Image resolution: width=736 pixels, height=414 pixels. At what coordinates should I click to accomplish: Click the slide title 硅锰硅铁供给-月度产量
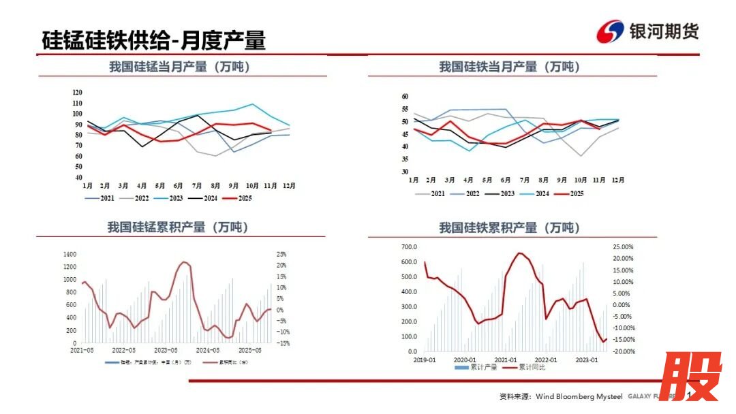point(153,39)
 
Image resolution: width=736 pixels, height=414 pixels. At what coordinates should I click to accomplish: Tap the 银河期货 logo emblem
point(611,31)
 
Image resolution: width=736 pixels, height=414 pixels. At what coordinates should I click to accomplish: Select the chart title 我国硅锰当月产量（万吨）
point(180,67)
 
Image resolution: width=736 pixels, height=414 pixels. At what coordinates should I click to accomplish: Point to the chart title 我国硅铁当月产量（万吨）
point(510,67)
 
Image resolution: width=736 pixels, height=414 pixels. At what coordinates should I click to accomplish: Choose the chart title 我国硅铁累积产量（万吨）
point(509,227)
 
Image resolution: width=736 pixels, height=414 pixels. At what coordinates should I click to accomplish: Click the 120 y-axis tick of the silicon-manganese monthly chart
point(77,93)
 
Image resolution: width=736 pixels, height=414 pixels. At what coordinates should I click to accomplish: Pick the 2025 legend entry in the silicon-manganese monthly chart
point(239,198)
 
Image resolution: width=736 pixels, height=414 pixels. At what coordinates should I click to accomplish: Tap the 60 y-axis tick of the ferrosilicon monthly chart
point(405,97)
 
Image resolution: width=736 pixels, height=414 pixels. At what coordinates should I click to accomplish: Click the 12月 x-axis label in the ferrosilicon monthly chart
point(617,180)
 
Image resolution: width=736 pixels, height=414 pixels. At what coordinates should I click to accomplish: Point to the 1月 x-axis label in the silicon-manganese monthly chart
point(88,185)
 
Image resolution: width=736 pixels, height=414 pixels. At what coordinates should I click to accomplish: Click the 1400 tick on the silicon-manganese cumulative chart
point(70,254)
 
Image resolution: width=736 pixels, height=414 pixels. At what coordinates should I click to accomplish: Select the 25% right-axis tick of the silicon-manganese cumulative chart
point(281,254)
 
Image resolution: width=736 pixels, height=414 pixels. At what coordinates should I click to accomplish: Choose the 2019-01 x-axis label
point(425,360)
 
